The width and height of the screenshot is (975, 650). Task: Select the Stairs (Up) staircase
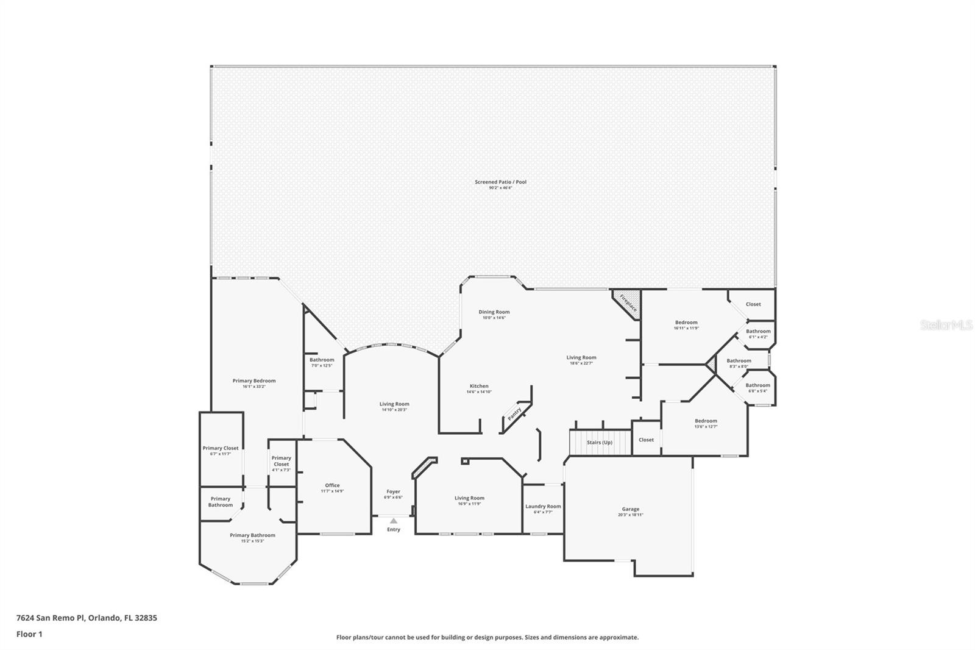(600, 443)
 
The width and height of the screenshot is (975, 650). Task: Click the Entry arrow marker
(394, 521)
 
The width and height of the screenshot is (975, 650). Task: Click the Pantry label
(514, 414)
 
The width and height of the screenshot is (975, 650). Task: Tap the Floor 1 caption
(29, 634)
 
